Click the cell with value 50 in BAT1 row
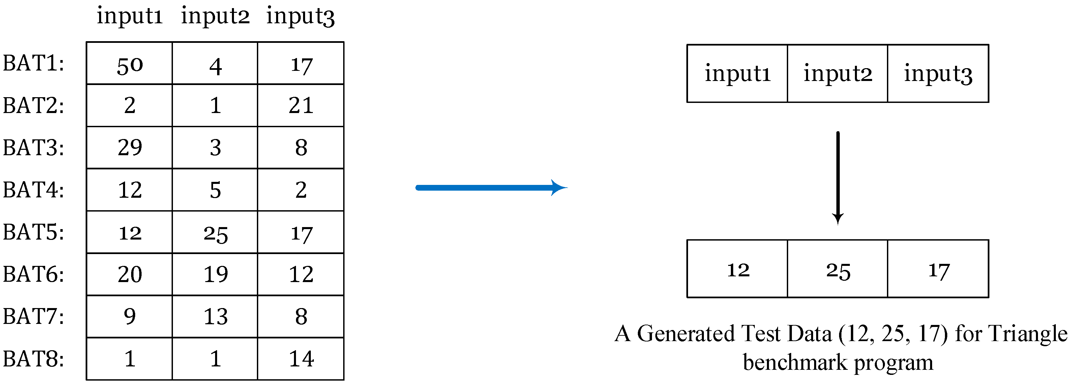(129, 64)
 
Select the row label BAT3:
(33, 148)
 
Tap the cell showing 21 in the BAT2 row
(301, 105)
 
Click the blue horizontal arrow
(490, 188)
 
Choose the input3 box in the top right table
(938, 74)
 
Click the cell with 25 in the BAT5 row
(215, 232)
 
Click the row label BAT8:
(33, 359)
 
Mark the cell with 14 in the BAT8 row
(301, 359)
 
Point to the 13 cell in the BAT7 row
(215, 316)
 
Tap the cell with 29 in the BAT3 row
(129, 148)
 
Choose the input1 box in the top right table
(737, 74)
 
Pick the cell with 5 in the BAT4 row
(215, 190)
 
